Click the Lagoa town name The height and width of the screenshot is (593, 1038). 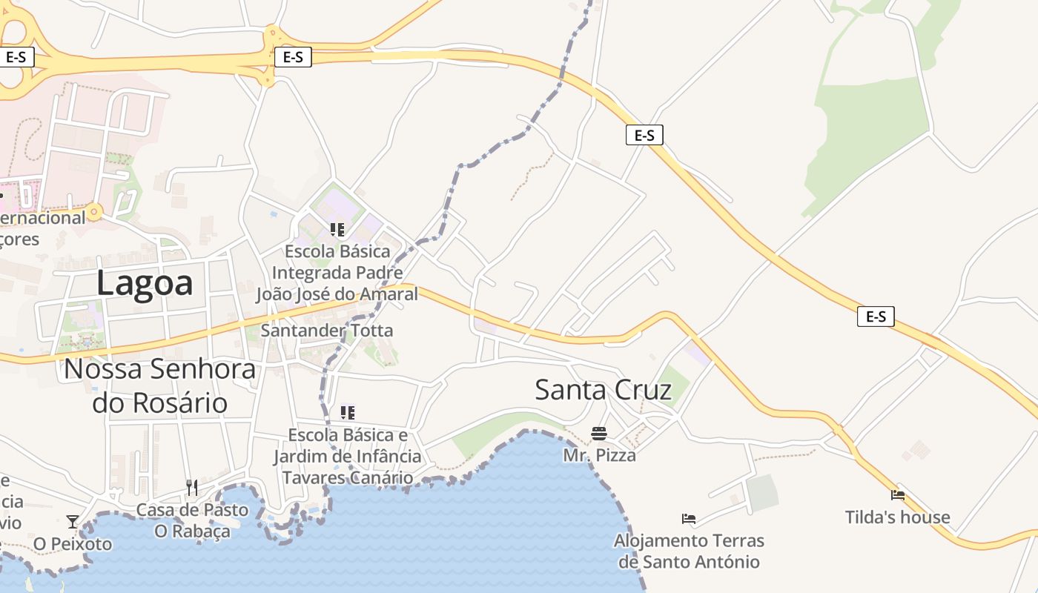click(x=145, y=283)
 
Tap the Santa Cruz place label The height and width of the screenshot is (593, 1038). click(x=603, y=390)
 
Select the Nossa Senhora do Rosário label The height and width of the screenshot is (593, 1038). click(x=160, y=385)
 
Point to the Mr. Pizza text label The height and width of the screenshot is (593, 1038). click(x=599, y=455)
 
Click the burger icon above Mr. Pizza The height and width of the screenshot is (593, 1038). click(x=599, y=434)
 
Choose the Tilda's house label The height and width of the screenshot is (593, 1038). click(x=897, y=517)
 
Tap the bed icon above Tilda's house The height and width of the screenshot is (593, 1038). click(x=898, y=494)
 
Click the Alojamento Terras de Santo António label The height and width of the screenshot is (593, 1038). click(x=689, y=551)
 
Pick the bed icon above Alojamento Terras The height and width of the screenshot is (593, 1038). click(x=689, y=519)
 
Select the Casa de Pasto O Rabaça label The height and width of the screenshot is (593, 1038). click(x=192, y=520)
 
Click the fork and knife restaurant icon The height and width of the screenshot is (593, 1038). click(x=192, y=487)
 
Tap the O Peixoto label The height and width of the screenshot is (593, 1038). click(x=73, y=544)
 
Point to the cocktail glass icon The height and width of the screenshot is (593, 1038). click(x=73, y=522)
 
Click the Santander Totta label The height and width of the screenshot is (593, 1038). click(x=327, y=331)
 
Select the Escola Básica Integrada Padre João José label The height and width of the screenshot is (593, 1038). click(x=337, y=273)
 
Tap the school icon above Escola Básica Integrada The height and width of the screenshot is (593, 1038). click(x=337, y=230)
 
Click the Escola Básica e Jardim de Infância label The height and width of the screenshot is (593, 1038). click(x=348, y=456)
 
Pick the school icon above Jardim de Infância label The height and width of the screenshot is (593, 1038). click(x=347, y=412)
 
